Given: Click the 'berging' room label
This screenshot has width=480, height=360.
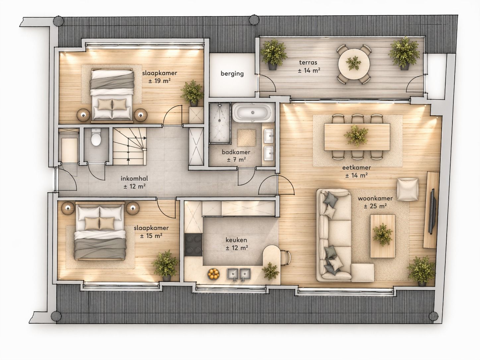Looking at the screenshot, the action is pyautogui.click(x=232, y=74).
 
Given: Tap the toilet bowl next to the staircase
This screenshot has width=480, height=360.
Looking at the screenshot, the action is pyautogui.click(x=96, y=137).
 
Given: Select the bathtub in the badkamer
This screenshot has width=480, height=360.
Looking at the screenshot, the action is pyautogui.click(x=253, y=113).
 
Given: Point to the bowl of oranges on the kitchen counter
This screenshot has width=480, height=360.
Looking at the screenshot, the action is pyautogui.click(x=213, y=274).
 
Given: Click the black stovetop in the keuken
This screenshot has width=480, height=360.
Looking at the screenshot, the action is pyautogui.click(x=193, y=245).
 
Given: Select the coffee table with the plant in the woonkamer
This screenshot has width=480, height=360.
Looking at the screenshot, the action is pyautogui.click(x=383, y=236).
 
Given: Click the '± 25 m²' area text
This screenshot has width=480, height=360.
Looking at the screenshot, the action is pyautogui.click(x=375, y=206).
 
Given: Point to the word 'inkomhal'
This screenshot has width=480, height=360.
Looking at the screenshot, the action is pyautogui.click(x=134, y=178).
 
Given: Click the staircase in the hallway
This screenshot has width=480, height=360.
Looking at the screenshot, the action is pyautogui.click(x=130, y=147).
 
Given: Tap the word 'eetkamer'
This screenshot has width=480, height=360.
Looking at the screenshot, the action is pyautogui.click(x=356, y=168).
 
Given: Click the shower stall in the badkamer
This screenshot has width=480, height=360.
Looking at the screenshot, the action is pyautogui.click(x=220, y=123).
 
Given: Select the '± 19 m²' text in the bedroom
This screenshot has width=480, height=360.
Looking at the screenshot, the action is pyautogui.click(x=159, y=81).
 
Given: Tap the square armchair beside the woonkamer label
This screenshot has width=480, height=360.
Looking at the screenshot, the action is pyautogui.click(x=408, y=189).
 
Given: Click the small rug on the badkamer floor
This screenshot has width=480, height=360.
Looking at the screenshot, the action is pyautogui.click(x=246, y=138).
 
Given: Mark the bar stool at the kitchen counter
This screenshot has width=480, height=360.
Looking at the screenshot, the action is pyautogui.click(x=286, y=258).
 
